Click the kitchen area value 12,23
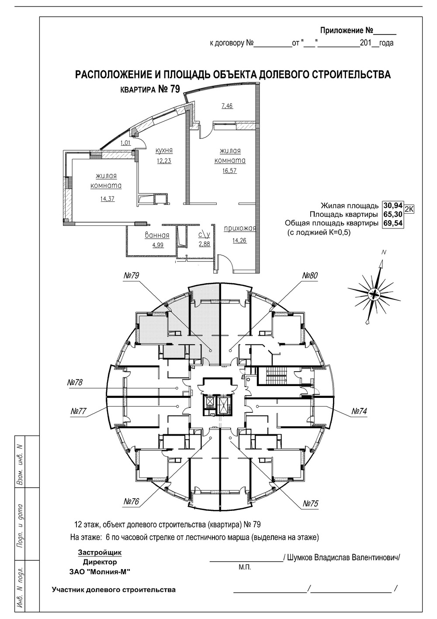164,160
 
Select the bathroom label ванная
157,235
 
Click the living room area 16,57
229,170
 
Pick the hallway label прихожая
239,229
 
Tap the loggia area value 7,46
227,106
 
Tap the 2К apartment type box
409,209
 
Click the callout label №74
359,411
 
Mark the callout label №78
75,383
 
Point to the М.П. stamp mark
244,567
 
